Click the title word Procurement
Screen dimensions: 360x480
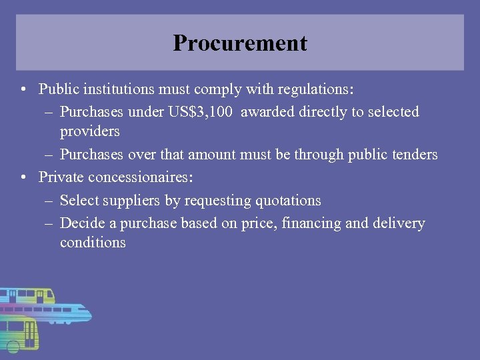pyautogui.click(x=240, y=43)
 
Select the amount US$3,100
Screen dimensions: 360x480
pyautogui.click(x=199, y=112)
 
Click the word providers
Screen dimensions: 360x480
pyautogui.click(x=89, y=131)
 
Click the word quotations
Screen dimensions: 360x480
pyautogui.click(x=286, y=201)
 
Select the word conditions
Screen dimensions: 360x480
pyautogui.click(x=93, y=243)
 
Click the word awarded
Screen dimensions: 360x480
pyautogui.click(x=267, y=112)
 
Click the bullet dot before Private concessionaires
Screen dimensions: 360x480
pyautogui.click(x=23, y=177)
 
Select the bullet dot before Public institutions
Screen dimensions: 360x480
pyautogui.click(x=23, y=89)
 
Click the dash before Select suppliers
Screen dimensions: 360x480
pyautogui.click(x=50, y=201)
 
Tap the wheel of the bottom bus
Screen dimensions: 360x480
pyautogui.click(x=12, y=346)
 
